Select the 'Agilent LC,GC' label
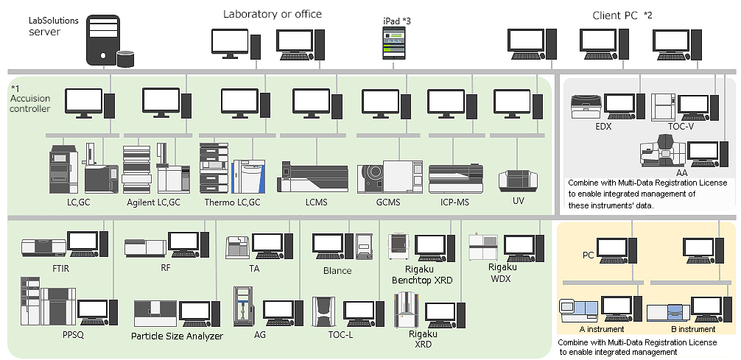[152, 202]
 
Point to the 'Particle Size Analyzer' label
[177, 336]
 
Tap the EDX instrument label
[604, 126]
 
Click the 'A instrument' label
[601, 329]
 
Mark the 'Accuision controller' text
[30, 104]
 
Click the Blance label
[337, 270]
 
